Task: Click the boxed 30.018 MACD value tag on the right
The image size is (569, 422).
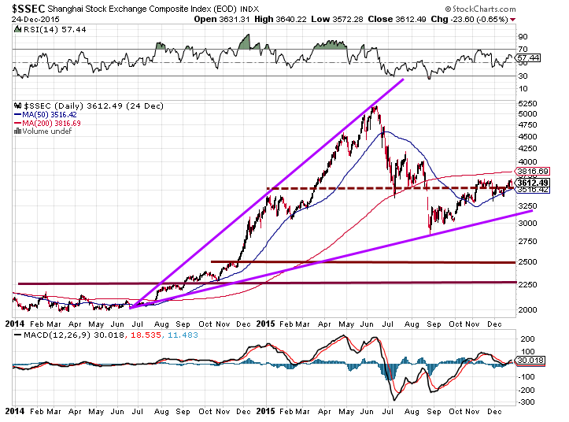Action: coord(531,362)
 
